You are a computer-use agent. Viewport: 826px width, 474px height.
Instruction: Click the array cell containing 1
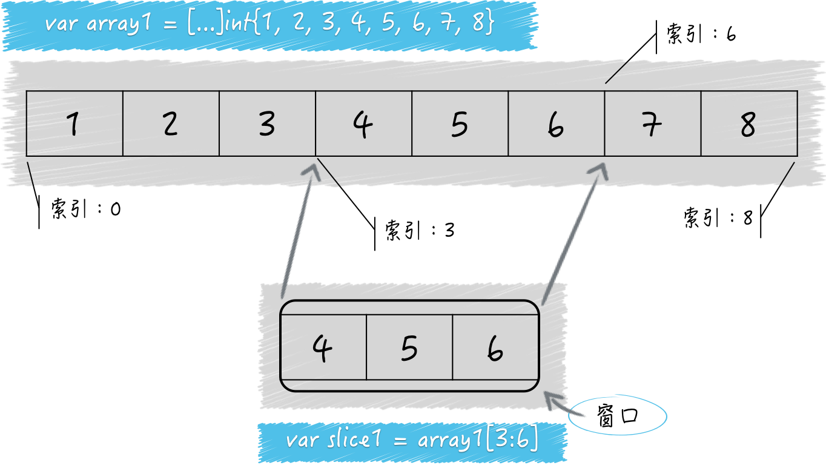click(x=74, y=123)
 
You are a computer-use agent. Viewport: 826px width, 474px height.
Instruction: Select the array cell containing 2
click(x=171, y=123)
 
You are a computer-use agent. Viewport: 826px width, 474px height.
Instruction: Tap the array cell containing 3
click(x=267, y=123)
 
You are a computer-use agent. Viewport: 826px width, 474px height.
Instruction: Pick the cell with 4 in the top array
click(x=363, y=123)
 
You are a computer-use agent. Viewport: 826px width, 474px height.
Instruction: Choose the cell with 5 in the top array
click(x=460, y=123)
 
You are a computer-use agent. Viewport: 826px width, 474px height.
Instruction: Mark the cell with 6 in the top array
click(x=556, y=123)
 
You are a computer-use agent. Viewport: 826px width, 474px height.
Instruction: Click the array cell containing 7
click(x=652, y=123)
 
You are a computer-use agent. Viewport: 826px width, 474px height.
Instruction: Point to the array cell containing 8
click(x=749, y=123)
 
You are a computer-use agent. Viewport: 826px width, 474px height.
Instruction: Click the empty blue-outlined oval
click(x=618, y=415)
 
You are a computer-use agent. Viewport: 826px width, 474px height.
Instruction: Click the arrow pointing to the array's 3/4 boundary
click(x=298, y=230)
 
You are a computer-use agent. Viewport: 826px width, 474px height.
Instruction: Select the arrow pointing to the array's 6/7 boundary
click(x=572, y=230)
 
